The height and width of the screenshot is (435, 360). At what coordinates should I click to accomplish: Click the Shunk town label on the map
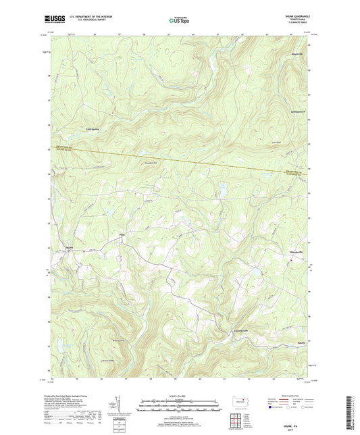(69, 247)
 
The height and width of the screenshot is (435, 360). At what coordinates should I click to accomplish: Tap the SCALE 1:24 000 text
(180, 396)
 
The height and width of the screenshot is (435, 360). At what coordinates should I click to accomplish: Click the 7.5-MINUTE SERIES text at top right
(295, 25)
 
